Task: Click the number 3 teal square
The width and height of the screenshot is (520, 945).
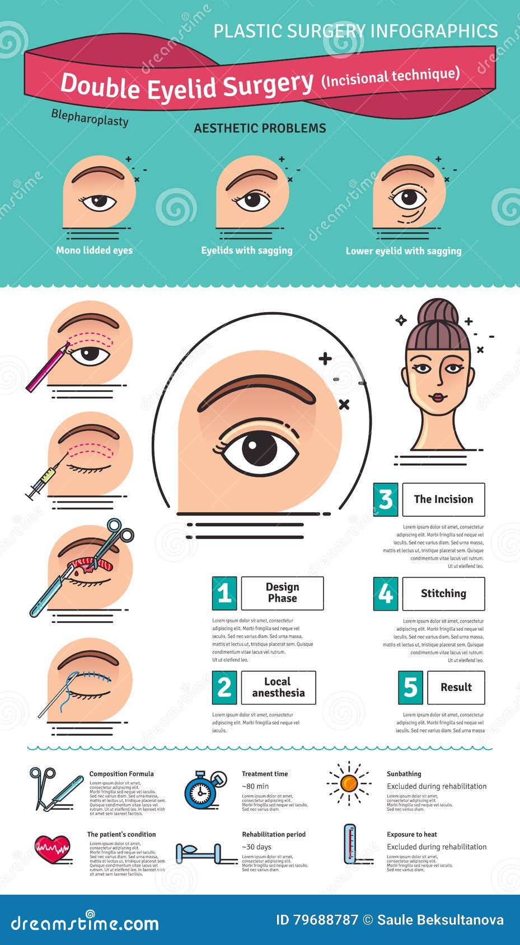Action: [x=386, y=499]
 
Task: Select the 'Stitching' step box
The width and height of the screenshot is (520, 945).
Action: [x=443, y=593]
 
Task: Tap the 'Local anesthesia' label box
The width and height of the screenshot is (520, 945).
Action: [x=278, y=687]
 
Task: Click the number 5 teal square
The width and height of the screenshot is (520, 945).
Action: [x=410, y=687]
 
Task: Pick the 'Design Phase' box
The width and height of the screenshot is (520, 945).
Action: [x=282, y=593]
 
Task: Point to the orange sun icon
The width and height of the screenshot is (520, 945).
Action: [x=349, y=783]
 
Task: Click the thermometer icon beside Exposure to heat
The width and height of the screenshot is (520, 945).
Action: [x=350, y=843]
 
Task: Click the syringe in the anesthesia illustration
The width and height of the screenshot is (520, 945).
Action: [x=41, y=481]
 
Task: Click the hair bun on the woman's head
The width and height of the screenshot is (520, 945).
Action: [x=437, y=311]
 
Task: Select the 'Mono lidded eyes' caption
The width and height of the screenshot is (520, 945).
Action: [x=94, y=250]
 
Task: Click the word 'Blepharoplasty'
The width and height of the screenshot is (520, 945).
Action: [x=90, y=117]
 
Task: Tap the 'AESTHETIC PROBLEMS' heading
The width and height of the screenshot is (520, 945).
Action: [x=260, y=128]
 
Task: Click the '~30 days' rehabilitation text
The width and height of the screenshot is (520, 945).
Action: [x=256, y=847]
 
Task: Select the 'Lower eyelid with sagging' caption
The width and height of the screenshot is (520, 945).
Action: [x=404, y=251]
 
